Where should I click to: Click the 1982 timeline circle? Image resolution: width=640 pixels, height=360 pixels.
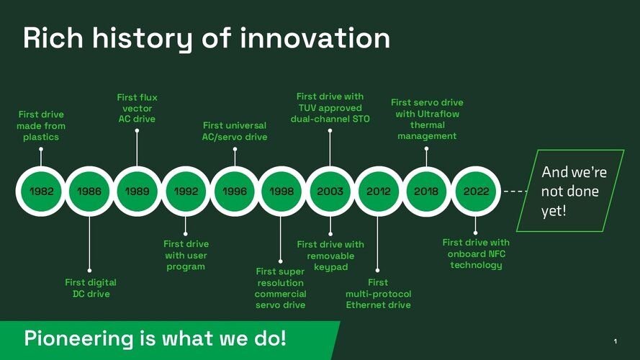41,191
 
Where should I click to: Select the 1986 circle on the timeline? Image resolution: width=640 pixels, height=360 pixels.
89,191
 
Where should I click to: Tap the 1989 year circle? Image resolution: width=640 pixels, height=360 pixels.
137,191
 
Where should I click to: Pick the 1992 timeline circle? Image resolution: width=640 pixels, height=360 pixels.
186,191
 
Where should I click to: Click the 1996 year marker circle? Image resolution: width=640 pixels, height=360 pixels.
234,191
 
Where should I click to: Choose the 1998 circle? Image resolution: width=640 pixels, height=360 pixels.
281,191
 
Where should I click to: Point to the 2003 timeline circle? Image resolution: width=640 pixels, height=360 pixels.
330,191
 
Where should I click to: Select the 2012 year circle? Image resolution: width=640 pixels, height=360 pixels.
379,191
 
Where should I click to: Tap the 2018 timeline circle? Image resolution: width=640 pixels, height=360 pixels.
426,191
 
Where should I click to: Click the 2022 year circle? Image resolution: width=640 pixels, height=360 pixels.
476,191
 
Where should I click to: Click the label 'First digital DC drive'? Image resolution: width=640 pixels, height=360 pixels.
91,288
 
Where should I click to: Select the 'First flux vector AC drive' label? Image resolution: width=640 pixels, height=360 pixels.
137,108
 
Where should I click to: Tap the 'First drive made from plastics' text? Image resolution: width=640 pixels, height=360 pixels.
41,126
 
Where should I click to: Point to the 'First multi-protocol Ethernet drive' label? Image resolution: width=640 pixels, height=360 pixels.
379,294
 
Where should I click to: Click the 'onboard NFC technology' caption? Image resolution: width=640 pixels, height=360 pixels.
477,259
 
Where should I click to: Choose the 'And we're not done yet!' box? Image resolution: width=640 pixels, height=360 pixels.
570,191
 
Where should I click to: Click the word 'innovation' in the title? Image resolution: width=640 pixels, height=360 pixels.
315,38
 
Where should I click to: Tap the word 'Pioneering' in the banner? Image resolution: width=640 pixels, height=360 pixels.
78,339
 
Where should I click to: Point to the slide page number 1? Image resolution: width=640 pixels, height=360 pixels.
615,341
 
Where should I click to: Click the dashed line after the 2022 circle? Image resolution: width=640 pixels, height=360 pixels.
515,191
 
